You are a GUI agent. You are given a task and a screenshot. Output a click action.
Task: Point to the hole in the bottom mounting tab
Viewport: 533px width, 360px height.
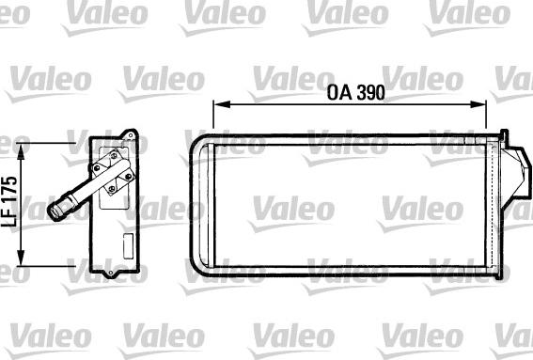[114, 274]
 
